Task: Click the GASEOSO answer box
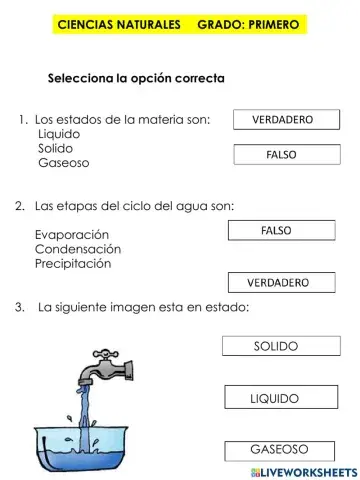click(x=278, y=449)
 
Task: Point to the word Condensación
click(x=77, y=249)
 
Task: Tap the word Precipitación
click(x=73, y=264)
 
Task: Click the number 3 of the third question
click(x=20, y=307)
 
